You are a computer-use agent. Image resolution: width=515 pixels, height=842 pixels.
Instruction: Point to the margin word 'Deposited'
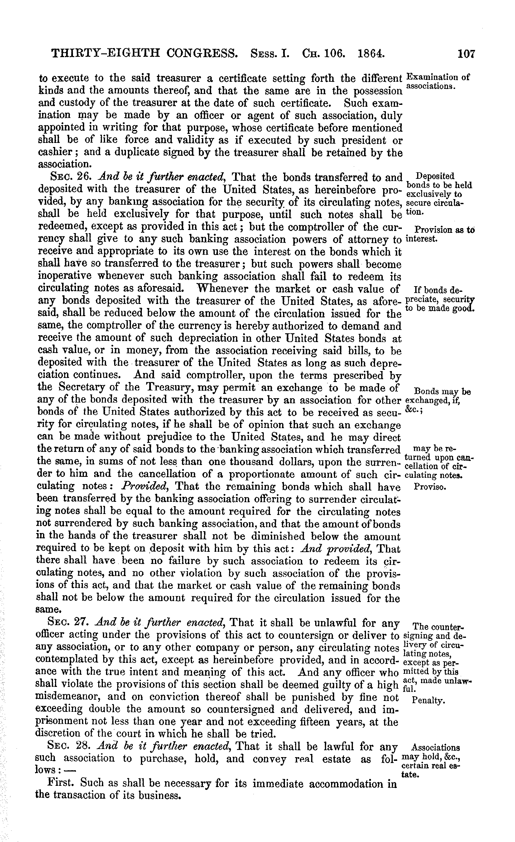click(x=436, y=176)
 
